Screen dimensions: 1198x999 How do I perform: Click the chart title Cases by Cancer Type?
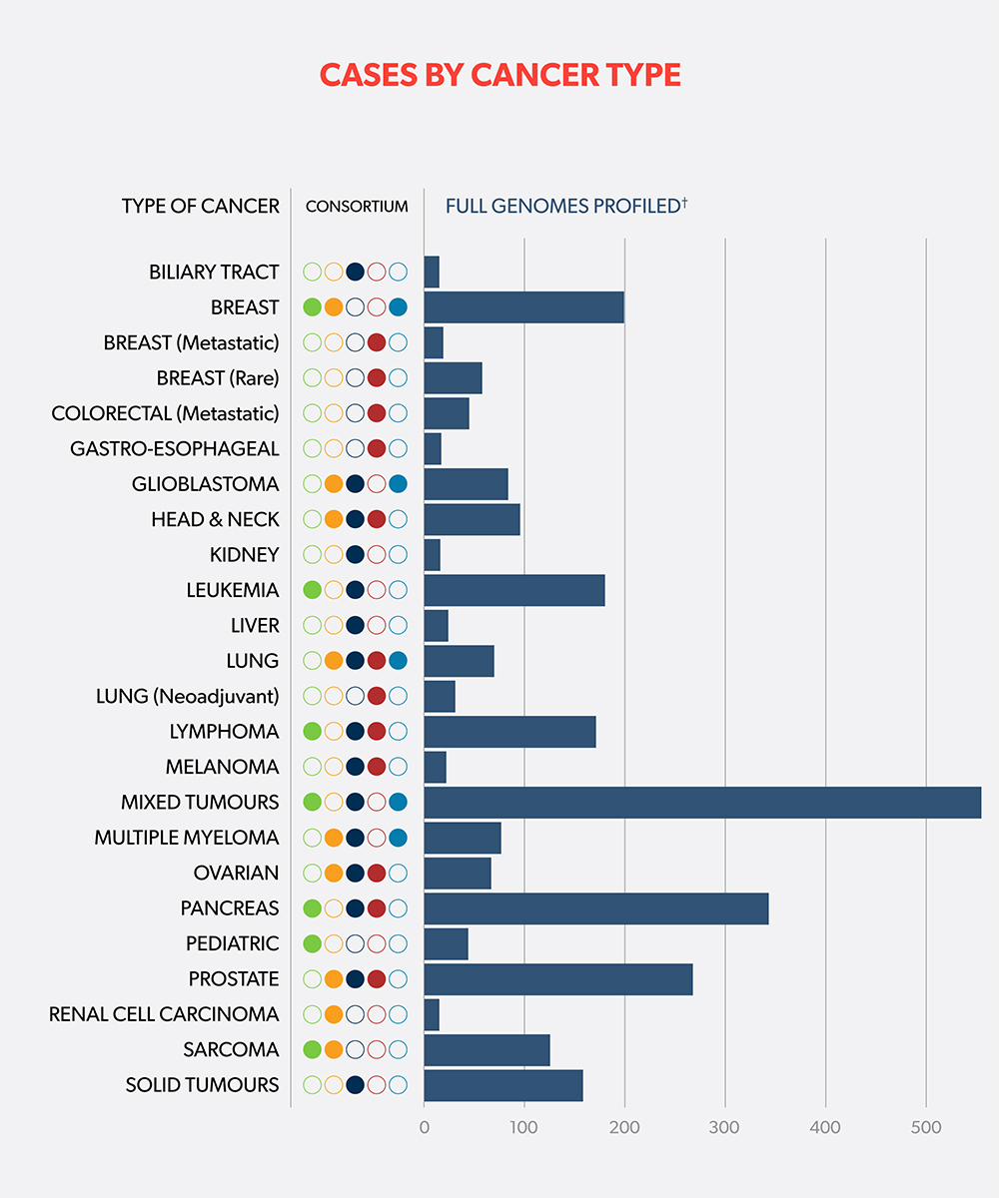[x=499, y=76]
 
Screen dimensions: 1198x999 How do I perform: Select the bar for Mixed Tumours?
[x=701, y=802]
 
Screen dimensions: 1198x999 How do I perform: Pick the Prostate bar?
[x=557, y=979]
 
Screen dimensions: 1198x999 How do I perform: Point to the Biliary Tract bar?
[x=432, y=272]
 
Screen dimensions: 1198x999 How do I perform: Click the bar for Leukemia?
[x=513, y=590]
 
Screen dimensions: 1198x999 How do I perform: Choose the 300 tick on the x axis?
[x=724, y=1129]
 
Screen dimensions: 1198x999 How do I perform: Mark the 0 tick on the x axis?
[x=425, y=1129]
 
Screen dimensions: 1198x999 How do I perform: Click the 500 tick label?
[x=926, y=1129]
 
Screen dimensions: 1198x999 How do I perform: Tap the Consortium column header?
[x=357, y=207]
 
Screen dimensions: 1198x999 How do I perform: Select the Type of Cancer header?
[x=201, y=207]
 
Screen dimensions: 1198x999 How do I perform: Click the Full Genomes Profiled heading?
[x=566, y=207]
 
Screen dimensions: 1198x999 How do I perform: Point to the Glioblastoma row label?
[x=206, y=484]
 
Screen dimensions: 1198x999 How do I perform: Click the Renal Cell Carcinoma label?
[x=164, y=1014]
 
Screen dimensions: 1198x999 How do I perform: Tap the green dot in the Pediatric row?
[x=312, y=943]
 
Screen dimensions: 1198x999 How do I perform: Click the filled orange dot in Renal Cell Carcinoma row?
[x=334, y=1014]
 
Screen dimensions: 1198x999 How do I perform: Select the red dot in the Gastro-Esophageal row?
[x=377, y=449]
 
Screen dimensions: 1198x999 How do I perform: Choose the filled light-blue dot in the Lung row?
[x=398, y=661]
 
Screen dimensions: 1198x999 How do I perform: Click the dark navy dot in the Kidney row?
[x=355, y=555]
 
